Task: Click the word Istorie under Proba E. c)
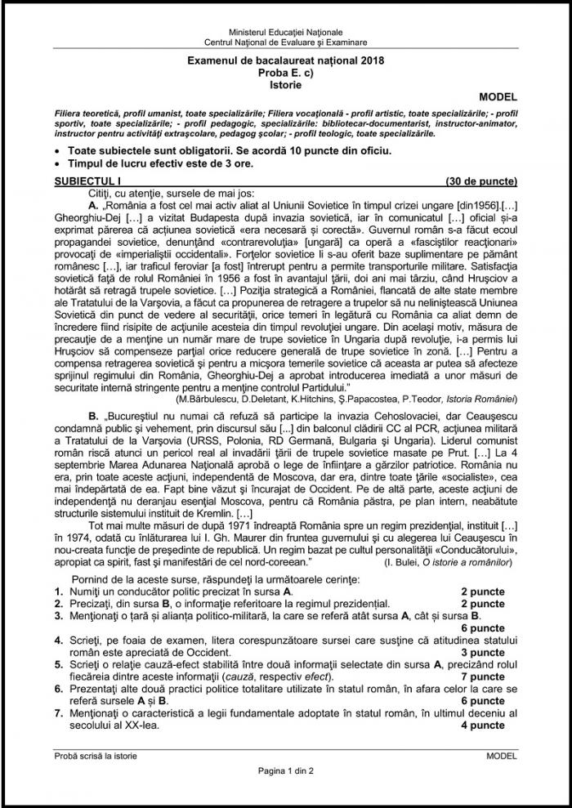285,83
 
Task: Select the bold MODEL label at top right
498,97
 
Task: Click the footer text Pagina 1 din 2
285,770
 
